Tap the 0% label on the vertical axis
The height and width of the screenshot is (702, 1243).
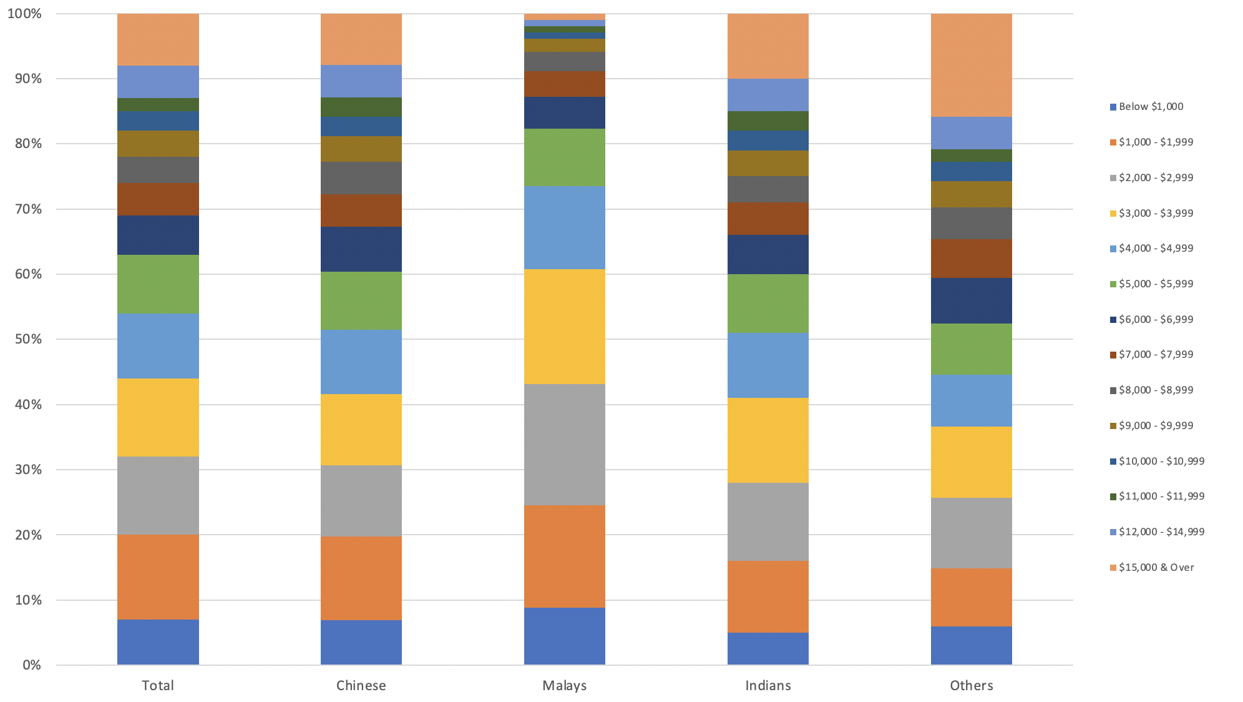coord(32,665)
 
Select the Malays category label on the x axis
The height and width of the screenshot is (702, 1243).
coord(565,685)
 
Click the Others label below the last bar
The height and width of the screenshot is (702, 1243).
coord(972,685)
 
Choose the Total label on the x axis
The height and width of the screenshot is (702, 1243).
coord(158,685)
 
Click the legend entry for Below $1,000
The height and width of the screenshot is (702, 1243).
coord(1151,107)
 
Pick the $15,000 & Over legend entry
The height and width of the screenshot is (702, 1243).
coord(1156,568)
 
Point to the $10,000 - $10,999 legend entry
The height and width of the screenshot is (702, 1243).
coord(1161,462)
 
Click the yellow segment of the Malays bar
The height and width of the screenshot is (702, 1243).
coord(565,327)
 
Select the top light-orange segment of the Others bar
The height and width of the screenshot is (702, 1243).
coord(972,65)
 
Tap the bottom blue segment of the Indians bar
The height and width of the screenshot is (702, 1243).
coord(768,649)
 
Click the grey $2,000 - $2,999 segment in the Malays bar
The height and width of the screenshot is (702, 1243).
coord(565,445)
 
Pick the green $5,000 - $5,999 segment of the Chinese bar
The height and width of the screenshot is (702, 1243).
coord(361,300)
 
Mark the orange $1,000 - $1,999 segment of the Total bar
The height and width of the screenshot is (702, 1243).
coord(158,577)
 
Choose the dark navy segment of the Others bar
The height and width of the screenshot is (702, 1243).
coord(972,300)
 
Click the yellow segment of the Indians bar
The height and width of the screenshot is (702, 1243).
coord(768,440)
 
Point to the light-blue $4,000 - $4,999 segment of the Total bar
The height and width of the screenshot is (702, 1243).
coord(158,345)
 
